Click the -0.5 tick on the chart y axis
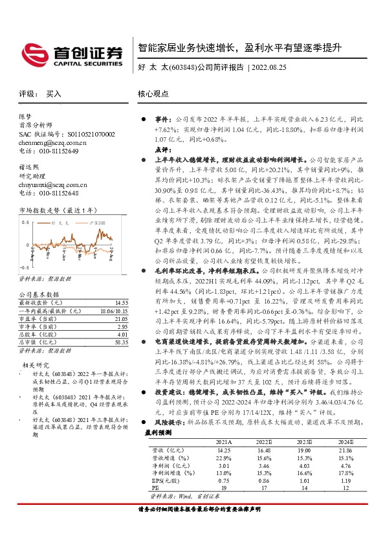click(x=25, y=267)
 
